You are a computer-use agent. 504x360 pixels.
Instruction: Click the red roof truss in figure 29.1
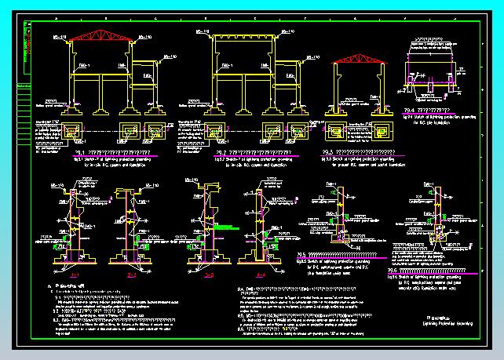point(91,35)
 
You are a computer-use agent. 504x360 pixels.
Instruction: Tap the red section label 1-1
point(75,275)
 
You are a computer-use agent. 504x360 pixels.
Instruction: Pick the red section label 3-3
point(209,276)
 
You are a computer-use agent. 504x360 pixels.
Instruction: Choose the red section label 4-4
point(260,275)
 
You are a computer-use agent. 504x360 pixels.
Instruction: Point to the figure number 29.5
point(301,255)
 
